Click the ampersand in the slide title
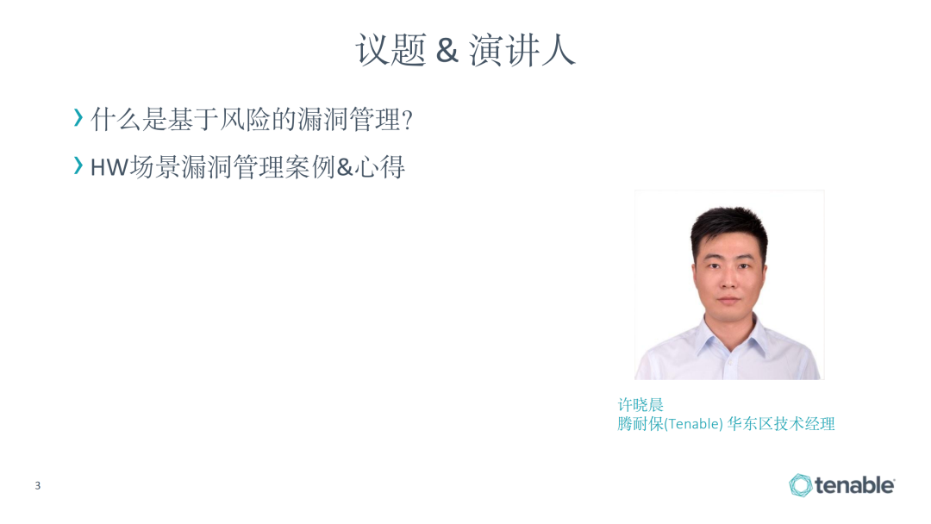tap(447, 50)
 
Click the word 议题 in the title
tap(391, 49)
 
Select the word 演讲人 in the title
tap(522, 49)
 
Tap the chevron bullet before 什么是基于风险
tap(78, 117)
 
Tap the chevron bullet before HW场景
tap(78, 165)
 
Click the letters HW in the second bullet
tap(109, 168)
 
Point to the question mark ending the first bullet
tap(407, 121)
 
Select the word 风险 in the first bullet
tap(245, 120)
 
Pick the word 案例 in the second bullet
tap(310, 167)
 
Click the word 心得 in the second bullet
tap(380, 167)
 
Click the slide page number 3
tap(37, 485)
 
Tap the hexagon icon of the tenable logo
tap(800, 485)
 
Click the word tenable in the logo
tap(854, 485)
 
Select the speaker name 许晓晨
tap(640, 405)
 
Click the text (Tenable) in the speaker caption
tap(693, 424)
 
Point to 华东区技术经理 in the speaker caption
tap(781, 424)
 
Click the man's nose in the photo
tap(729, 282)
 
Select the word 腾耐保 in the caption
tap(640, 424)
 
